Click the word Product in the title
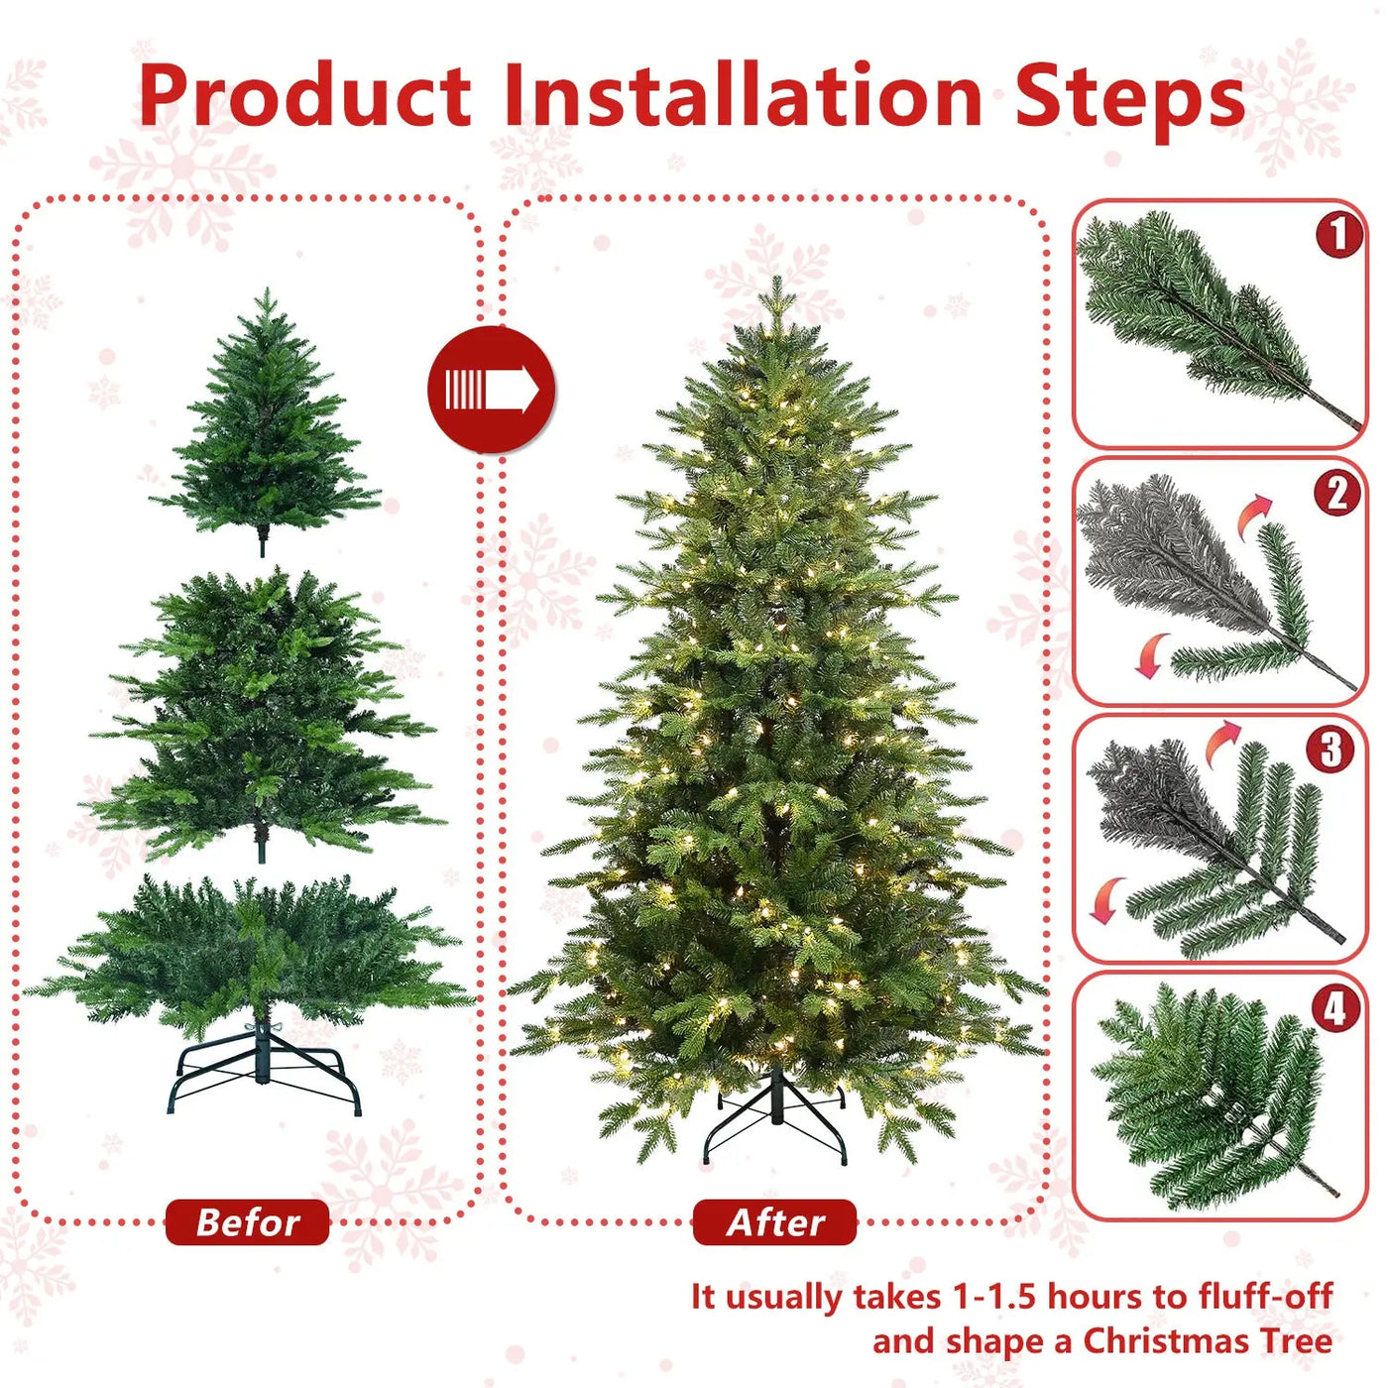304,96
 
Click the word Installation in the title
743,96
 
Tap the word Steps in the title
1129,96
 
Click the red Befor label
247,1222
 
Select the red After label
774,1222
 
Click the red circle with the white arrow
491,390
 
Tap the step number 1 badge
1337,234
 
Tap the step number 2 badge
1336,493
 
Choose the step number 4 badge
1334,1008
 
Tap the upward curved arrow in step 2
1254,515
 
